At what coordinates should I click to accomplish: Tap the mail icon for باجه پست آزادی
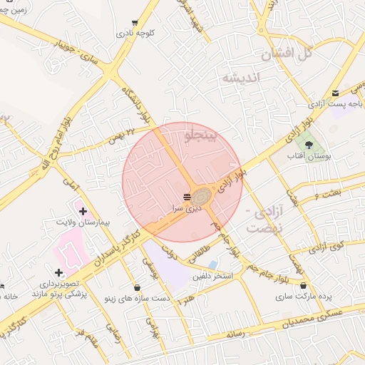click(336, 92)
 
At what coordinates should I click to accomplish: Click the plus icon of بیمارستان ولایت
click(83, 211)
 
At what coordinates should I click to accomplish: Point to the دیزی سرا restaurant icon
click(186, 197)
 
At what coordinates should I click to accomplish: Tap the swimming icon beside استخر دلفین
click(213, 264)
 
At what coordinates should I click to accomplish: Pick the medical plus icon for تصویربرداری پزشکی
click(58, 272)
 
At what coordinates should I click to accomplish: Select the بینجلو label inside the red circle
click(199, 136)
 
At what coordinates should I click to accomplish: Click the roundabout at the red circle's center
click(200, 195)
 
